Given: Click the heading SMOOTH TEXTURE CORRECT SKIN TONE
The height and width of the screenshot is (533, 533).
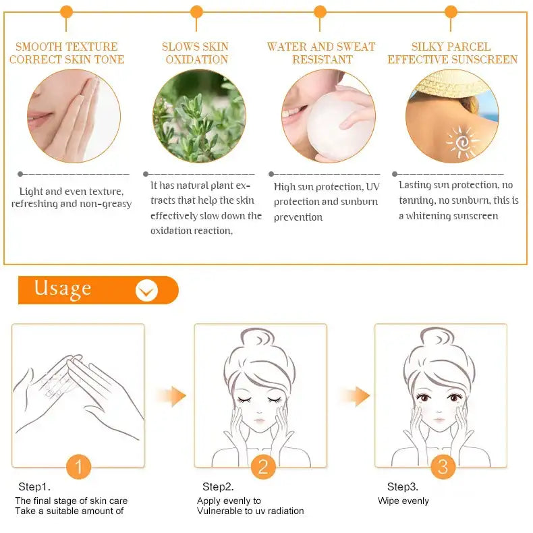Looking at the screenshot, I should [x=67, y=53].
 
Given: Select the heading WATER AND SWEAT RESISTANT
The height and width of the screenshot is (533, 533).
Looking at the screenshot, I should [x=321, y=53].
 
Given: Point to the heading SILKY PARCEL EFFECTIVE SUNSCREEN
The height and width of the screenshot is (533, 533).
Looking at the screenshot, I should [x=452, y=53].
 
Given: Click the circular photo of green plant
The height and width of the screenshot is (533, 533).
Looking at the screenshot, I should [x=199, y=115].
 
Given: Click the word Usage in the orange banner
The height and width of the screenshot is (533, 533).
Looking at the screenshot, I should [x=63, y=288].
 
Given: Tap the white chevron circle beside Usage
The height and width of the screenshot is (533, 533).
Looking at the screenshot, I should [x=146, y=290].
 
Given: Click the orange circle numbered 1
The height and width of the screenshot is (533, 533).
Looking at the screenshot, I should [x=78, y=466].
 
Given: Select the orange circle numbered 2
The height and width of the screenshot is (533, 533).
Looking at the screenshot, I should [x=263, y=466].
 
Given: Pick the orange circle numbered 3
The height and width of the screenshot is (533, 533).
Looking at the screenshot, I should [x=443, y=466].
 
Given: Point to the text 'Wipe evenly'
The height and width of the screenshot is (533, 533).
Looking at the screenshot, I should [x=403, y=501].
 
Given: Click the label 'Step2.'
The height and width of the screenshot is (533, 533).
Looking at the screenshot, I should [x=218, y=486].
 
